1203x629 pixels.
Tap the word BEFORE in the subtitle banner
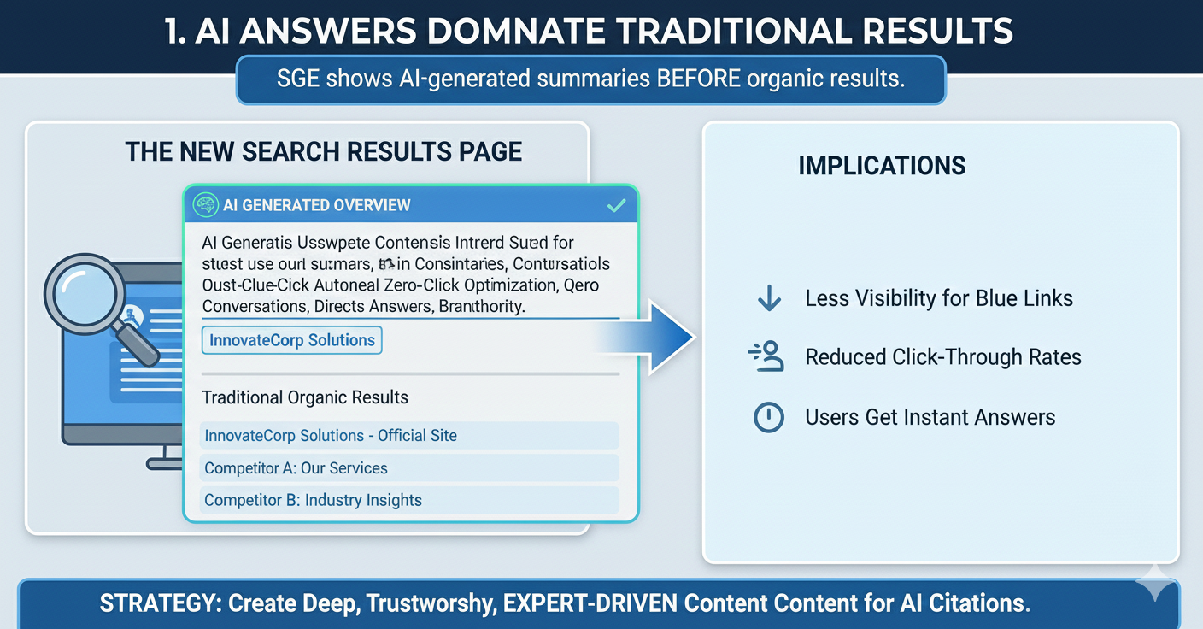tap(698, 79)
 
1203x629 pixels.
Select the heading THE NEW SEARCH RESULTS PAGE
tap(324, 152)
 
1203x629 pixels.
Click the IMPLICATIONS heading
tap(882, 165)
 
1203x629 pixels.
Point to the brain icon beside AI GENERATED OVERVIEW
tap(205, 205)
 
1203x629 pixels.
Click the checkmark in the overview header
tap(615, 205)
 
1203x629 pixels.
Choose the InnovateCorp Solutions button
tap(292, 340)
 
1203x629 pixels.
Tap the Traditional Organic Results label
tap(305, 397)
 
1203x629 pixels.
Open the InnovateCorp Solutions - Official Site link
tap(331, 436)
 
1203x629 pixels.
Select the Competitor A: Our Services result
tap(296, 468)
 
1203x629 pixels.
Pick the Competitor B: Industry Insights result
tap(313, 501)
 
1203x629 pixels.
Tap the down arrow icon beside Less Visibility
tap(769, 298)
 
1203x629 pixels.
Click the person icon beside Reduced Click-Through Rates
tap(767, 356)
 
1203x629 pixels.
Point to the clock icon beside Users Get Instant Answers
tap(769, 417)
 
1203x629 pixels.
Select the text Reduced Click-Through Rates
tap(943, 357)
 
